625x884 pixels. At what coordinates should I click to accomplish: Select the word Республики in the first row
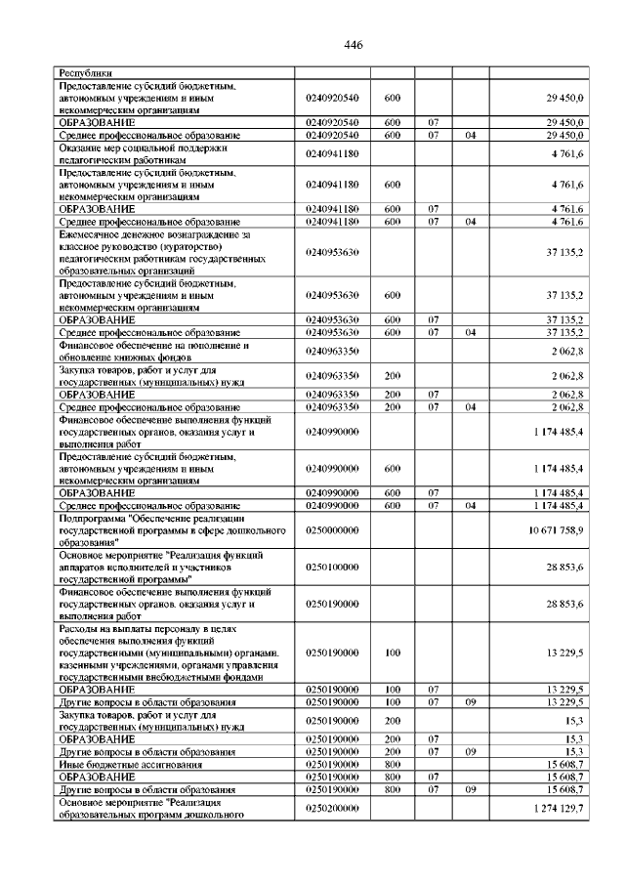point(86,72)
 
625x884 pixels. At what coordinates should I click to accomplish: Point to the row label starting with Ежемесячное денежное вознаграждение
point(161,252)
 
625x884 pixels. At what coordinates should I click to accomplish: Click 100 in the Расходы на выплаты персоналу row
point(393,652)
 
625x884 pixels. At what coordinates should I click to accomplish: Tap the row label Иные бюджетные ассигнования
point(120,763)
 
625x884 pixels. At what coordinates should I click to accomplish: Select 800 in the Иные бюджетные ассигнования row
point(393,763)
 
